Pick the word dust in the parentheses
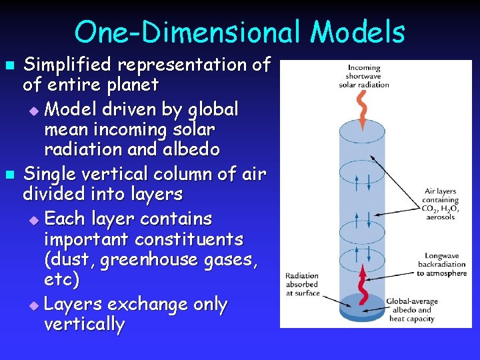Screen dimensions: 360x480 click(x=75, y=260)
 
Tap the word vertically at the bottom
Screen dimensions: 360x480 click(x=84, y=325)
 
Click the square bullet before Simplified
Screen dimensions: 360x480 click(x=9, y=66)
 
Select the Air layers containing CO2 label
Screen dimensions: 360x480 click(x=441, y=203)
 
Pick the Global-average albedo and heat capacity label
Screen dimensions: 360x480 click(x=413, y=310)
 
